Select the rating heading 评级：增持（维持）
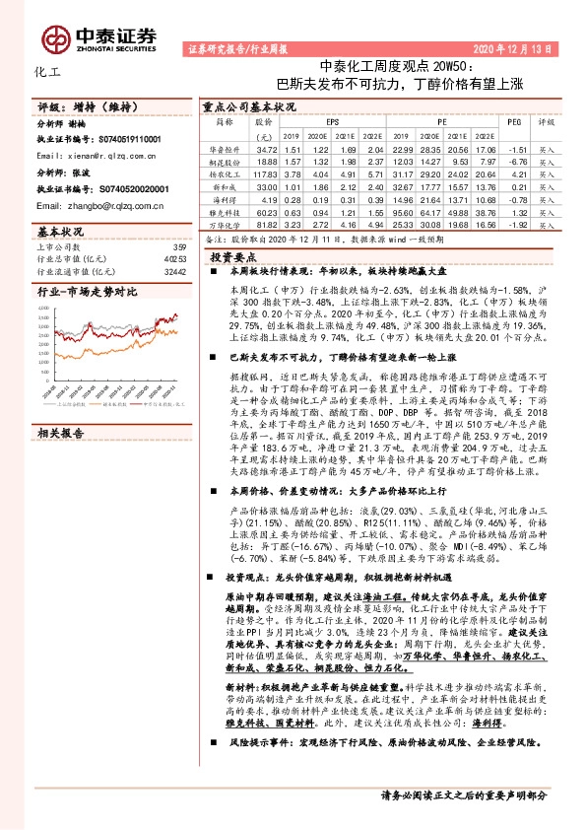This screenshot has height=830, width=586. [x=85, y=104]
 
